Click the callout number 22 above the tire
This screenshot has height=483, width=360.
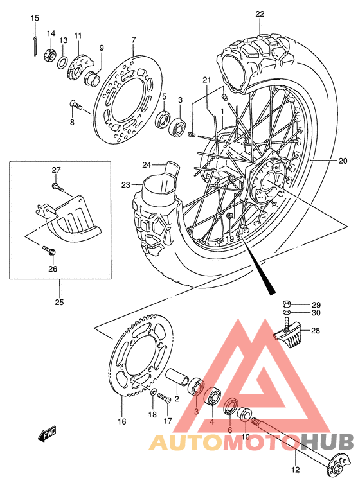pos(259,13)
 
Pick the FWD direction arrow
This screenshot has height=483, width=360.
pos(49,437)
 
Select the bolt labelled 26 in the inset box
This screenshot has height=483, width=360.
pos(49,248)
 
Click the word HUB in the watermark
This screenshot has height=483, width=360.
pos(328,442)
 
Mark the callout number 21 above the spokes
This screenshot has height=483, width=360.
pos(207,80)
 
